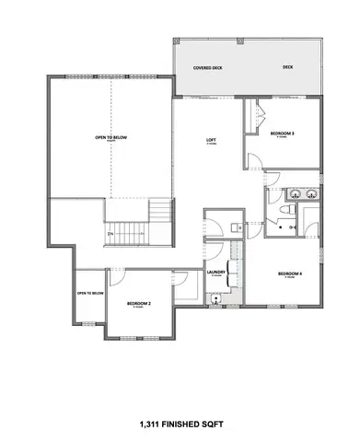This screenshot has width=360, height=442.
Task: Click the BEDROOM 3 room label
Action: tap(282, 134)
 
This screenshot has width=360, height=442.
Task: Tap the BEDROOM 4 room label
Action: tap(290, 273)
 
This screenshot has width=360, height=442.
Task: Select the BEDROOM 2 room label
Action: tap(139, 304)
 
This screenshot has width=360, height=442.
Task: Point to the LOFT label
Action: tap(211, 140)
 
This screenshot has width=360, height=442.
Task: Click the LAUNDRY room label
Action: tap(217, 273)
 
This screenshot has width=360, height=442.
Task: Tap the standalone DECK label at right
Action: tap(288, 67)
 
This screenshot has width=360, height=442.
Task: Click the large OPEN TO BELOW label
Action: tap(110, 138)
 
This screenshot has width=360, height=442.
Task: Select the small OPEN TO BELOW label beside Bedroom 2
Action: tap(88, 295)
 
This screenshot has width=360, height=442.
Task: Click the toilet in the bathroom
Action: tap(287, 212)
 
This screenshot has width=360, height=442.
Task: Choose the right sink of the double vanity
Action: tap(308, 194)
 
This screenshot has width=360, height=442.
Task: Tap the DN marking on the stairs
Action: tap(110, 234)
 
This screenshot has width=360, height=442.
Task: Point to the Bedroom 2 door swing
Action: tap(117, 278)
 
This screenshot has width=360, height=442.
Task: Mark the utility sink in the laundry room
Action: tap(215, 297)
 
